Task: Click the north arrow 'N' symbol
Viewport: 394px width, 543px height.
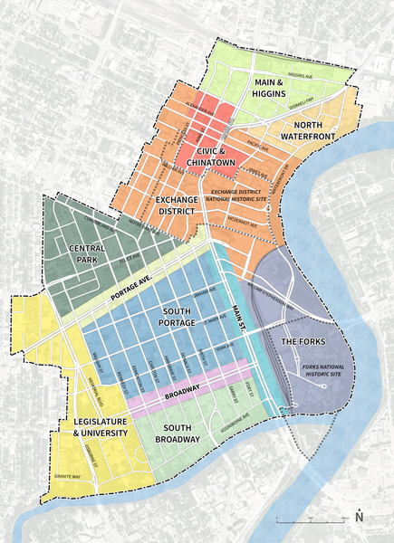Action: coord(360,517)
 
